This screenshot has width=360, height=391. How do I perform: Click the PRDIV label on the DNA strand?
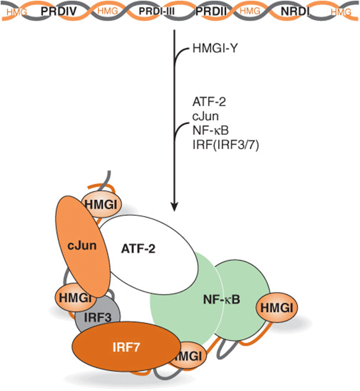[58, 11]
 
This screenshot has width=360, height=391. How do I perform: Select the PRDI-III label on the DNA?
[157, 11]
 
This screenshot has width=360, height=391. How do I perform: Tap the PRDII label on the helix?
[211, 11]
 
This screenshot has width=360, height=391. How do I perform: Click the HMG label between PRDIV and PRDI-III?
[108, 11]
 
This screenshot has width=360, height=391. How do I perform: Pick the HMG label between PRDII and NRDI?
[250, 11]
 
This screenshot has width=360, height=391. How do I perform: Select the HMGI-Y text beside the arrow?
[215, 49]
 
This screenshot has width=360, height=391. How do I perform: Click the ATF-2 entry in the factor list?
[209, 102]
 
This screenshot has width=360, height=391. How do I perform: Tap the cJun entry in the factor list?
[205, 116]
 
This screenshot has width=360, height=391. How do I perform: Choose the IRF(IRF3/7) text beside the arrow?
[226, 145]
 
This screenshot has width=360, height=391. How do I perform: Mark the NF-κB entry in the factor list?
[211, 131]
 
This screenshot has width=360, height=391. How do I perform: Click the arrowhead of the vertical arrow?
[174, 207]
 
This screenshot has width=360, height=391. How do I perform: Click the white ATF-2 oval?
[148, 254]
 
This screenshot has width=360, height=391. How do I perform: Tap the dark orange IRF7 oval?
[126, 346]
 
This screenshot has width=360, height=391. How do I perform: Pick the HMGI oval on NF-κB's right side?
[277, 308]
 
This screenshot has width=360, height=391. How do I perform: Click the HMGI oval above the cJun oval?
[101, 204]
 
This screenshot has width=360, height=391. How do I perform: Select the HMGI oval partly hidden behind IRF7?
[191, 356]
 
